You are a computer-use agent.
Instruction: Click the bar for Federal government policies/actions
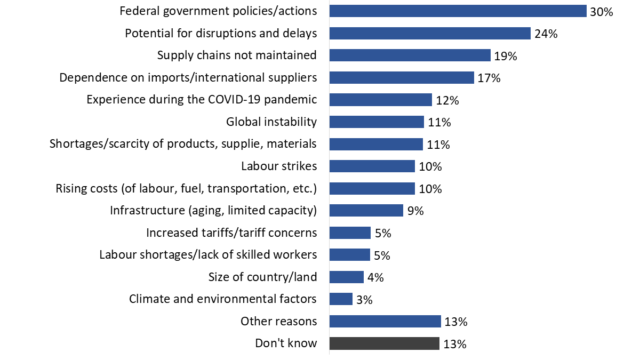click(x=458, y=11)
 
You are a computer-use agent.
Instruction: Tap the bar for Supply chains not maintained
click(x=410, y=55)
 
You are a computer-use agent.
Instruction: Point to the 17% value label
click(x=489, y=78)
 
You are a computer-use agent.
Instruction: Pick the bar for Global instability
click(x=377, y=122)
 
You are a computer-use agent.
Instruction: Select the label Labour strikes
click(x=279, y=166)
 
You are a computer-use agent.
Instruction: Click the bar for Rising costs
click(x=372, y=189)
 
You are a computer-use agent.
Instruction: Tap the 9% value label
click(x=415, y=211)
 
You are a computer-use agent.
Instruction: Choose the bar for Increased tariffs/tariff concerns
click(x=350, y=233)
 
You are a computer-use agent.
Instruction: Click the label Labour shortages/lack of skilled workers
click(x=208, y=255)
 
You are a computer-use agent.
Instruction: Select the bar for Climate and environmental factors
click(x=341, y=299)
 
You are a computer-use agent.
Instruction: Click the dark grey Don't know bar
click(x=384, y=343)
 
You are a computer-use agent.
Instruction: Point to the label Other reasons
click(x=278, y=321)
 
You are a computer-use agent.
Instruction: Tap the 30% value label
click(x=601, y=11)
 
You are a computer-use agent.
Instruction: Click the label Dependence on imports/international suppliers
click(x=188, y=78)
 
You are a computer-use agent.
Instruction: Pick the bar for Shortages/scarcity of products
click(x=376, y=145)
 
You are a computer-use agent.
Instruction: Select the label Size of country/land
click(x=262, y=277)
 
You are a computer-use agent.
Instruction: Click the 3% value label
click(x=364, y=300)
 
